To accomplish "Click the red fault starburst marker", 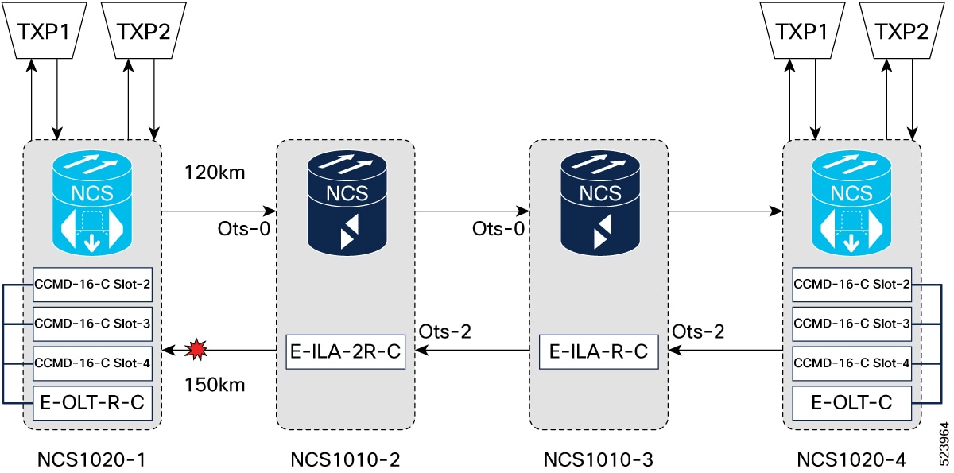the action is point(196,350).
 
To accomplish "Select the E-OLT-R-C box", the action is point(92,403).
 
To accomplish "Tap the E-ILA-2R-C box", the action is point(345,351).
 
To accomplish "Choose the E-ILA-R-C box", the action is point(599,351).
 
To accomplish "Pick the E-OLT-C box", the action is point(851,403).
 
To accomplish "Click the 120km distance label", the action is point(215,173).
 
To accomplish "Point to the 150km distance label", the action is point(215,385).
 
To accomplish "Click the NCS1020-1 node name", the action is point(91,459).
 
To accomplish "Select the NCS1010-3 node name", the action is point(599,459).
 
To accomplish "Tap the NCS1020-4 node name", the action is point(851,459).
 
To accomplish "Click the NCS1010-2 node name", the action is point(345,459).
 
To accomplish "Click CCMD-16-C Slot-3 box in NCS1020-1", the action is point(92,324).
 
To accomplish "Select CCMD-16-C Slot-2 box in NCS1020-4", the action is point(851,285).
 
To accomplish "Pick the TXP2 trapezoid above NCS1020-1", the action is point(144,31).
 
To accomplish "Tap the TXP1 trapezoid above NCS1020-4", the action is point(802,31).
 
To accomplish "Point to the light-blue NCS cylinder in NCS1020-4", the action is point(851,203).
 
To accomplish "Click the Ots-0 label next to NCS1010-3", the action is point(498,229).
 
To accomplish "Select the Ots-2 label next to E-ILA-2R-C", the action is point(445,331).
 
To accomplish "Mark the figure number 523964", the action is point(944,444).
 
